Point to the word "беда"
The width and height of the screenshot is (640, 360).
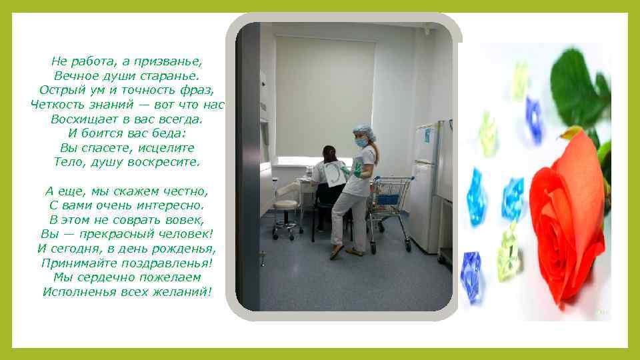tap(169, 133)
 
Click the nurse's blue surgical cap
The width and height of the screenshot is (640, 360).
tap(363, 130)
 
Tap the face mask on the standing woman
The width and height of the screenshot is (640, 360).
tap(361, 142)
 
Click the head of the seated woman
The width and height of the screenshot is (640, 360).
tap(329, 154)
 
